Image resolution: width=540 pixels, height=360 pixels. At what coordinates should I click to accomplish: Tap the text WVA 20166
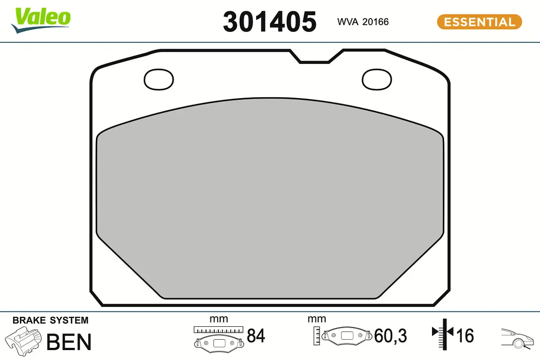[363, 22]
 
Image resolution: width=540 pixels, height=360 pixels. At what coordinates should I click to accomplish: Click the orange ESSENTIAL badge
[479, 22]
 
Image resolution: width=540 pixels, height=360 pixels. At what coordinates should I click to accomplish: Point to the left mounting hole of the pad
[158, 79]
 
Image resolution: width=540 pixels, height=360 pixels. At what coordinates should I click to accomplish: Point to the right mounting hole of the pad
[377, 79]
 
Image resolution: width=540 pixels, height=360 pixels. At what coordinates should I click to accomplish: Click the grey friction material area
[270, 198]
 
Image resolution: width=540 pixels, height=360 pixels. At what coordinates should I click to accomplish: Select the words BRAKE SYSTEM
[50, 320]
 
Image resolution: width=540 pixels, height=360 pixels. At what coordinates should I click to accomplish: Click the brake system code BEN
[69, 342]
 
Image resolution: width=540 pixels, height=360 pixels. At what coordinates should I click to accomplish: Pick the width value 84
[256, 336]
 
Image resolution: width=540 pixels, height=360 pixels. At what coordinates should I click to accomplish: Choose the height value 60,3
[390, 336]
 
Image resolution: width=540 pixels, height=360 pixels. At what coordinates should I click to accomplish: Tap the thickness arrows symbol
[444, 333]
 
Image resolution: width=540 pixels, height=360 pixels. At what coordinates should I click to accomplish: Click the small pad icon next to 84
[219, 342]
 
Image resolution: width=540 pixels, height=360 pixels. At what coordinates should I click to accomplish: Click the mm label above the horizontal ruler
[219, 319]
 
